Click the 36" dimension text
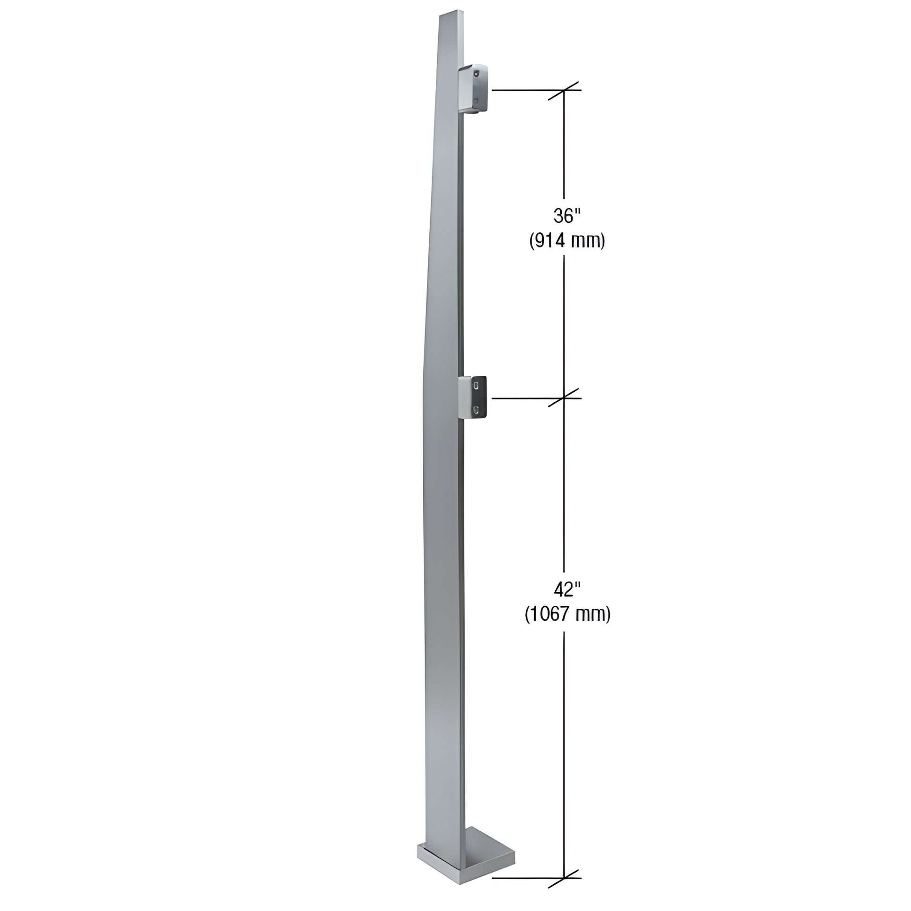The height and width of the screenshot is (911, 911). click(x=566, y=216)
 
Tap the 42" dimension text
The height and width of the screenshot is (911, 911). click(x=566, y=589)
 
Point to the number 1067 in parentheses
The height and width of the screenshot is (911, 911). click(x=550, y=614)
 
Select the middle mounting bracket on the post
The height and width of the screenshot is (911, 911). click(x=473, y=397)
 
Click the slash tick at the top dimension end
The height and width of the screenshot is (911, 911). click(x=564, y=90)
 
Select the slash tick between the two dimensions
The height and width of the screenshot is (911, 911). click(x=564, y=398)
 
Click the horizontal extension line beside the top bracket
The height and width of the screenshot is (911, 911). click(x=523, y=90)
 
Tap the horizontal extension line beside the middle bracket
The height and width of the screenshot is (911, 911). click(x=523, y=398)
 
